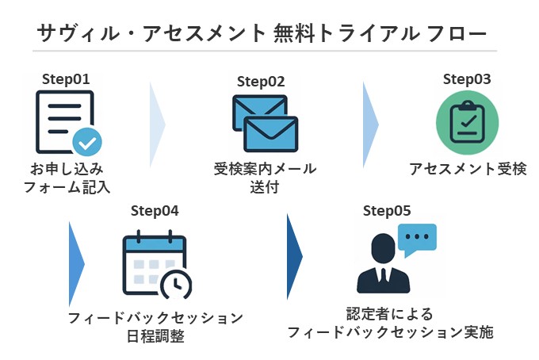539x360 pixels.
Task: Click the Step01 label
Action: [x=66, y=79]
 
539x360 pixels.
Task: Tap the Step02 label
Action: [x=261, y=82]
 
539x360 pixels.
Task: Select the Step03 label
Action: [x=467, y=79]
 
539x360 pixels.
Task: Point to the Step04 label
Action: [x=155, y=211]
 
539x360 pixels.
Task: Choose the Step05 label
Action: [x=387, y=211]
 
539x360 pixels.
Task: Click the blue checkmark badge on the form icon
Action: [x=87, y=142]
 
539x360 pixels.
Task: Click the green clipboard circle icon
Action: [x=467, y=123]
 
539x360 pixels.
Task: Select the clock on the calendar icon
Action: [x=176, y=285]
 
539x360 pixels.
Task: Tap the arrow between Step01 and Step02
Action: [x=158, y=124]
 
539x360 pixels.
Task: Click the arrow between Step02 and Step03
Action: [x=371, y=124]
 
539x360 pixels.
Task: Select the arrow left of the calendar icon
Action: [x=76, y=264]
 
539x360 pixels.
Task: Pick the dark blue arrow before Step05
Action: [x=295, y=256]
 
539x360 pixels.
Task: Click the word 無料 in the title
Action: [x=295, y=33]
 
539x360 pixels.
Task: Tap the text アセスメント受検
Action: [x=468, y=169]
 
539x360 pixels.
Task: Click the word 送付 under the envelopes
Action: [x=264, y=187]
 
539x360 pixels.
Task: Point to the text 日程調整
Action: [x=155, y=336]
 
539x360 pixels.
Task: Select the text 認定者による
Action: [x=389, y=314]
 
